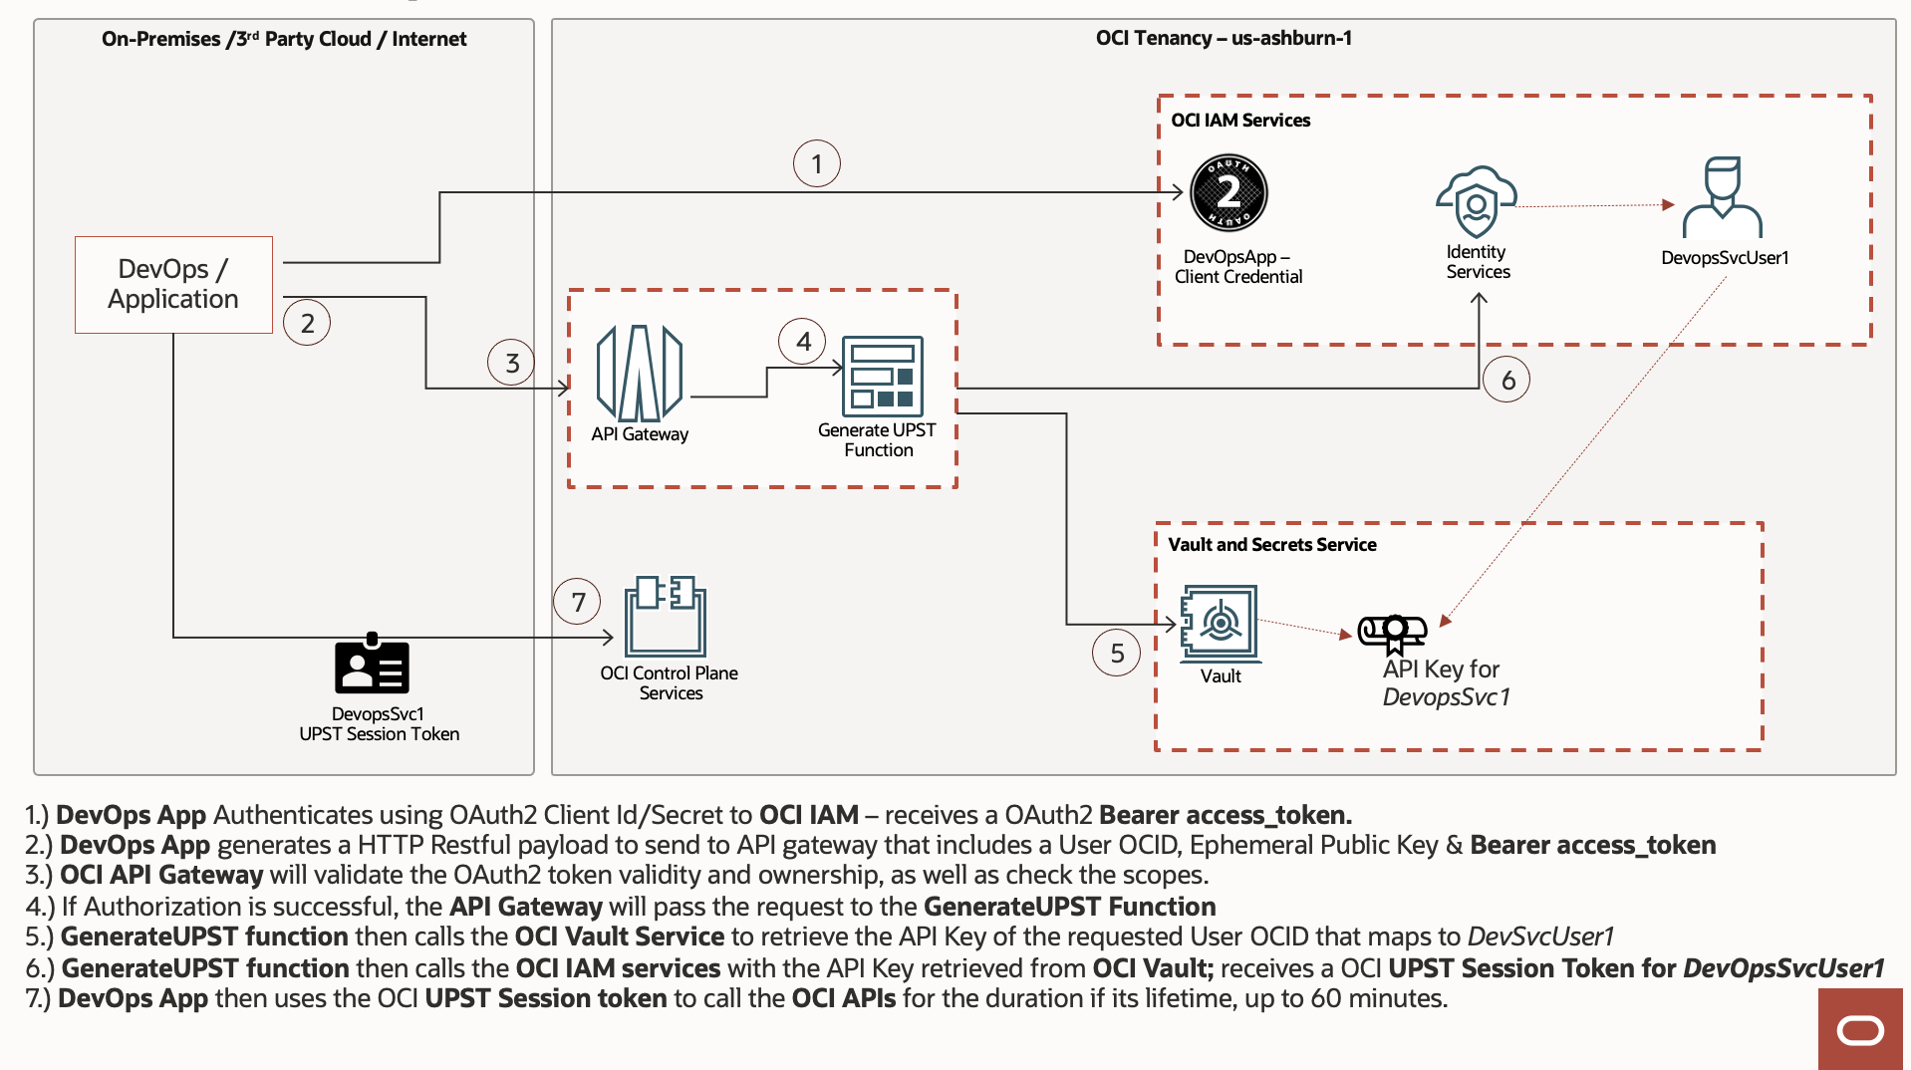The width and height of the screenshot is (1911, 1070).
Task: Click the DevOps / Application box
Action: [x=173, y=284]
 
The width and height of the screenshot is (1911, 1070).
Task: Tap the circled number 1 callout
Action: [x=816, y=163]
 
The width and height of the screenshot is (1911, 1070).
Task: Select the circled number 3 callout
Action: [x=511, y=363]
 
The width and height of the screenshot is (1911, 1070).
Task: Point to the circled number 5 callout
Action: [x=1117, y=653]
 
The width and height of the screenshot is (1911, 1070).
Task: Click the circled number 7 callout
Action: [x=578, y=602]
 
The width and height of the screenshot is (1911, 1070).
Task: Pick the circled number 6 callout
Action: [x=1507, y=380]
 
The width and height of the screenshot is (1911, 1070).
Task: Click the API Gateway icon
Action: [x=639, y=375]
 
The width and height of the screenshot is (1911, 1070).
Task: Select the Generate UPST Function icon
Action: [x=882, y=376]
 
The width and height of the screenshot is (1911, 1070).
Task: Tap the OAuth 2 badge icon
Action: [x=1229, y=192]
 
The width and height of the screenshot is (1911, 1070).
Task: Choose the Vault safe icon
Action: [x=1219, y=624]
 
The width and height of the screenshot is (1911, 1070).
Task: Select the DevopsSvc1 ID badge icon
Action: [x=372, y=665]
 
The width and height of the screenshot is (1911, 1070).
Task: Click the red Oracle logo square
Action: [x=1860, y=1029]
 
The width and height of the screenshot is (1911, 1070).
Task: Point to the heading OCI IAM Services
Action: [x=1240, y=121]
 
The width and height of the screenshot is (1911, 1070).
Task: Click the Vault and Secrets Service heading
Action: [x=1271, y=545]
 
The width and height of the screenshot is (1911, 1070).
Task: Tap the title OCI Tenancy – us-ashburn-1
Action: [x=1224, y=39]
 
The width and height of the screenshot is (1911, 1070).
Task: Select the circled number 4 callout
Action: [x=803, y=342]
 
